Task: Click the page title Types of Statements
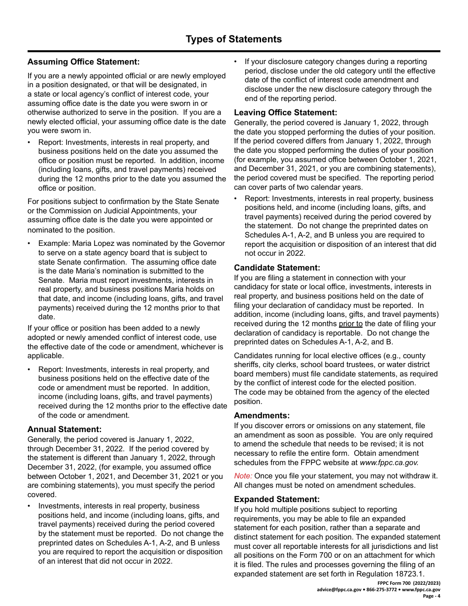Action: (234, 39)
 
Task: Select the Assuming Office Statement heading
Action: (83, 62)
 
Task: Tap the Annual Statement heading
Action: (64, 429)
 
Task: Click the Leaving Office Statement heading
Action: (285, 112)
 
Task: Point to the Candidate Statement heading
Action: (277, 268)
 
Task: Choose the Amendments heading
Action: (262, 415)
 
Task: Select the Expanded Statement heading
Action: (276, 499)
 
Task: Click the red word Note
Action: (243, 476)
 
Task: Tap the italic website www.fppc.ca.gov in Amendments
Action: (389, 463)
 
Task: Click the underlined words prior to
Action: (350, 324)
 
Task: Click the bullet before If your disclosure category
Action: (235, 62)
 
